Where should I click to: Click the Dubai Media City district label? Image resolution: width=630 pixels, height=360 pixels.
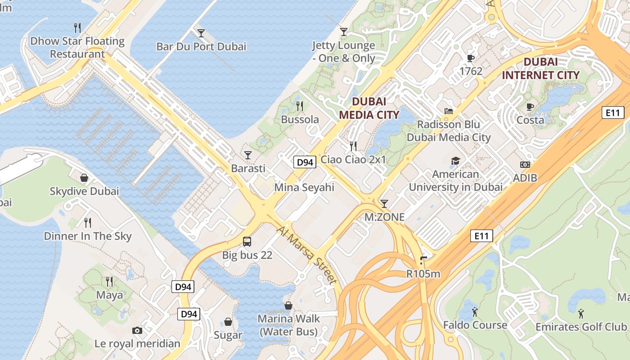(x=369, y=108)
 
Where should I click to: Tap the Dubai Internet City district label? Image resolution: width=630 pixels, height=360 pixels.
(x=540, y=68)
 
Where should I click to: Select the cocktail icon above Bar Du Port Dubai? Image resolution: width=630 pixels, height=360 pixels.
(x=201, y=33)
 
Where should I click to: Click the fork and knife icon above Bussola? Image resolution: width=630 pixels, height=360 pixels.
(x=300, y=106)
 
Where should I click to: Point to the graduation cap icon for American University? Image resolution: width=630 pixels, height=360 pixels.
(x=455, y=161)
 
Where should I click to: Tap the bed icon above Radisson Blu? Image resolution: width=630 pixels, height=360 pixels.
(x=448, y=111)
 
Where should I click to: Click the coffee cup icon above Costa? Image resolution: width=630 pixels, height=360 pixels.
(x=530, y=107)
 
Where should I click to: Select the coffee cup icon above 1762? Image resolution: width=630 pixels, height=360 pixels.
(x=471, y=58)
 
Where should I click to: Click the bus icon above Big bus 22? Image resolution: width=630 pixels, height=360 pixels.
(x=247, y=242)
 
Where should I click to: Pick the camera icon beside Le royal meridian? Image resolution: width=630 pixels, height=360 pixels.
(x=137, y=331)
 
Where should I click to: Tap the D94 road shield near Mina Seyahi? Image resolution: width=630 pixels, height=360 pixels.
(x=305, y=162)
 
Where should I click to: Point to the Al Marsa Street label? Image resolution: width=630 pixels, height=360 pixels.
(x=306, y=255)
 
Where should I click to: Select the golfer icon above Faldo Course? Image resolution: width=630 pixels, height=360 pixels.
(x=475, y=311)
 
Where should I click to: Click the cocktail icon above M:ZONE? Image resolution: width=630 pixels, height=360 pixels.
(x=384, y=204)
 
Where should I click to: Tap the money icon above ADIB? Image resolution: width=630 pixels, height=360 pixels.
(x=525, y=165)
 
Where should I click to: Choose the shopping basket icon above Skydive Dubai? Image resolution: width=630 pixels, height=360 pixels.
(x=84, y=178)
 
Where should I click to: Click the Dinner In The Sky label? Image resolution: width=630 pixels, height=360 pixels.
(x=88, y=236)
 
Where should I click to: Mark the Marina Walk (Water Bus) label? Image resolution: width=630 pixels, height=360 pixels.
(x=288, y=325)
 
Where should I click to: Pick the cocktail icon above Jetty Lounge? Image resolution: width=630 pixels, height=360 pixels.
(x=344, y=31)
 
